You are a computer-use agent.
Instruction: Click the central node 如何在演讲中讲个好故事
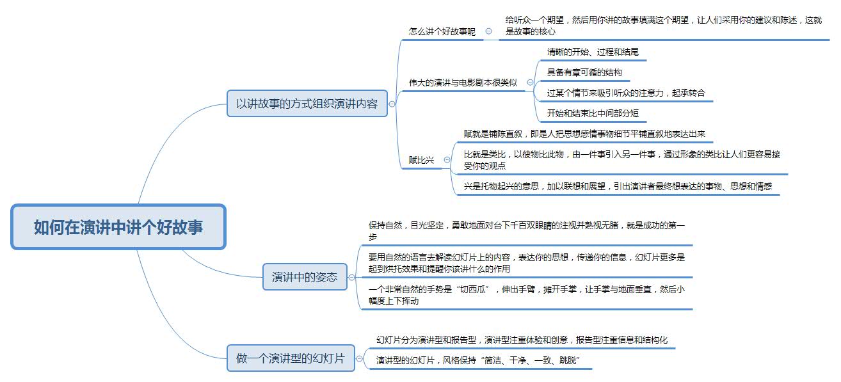coord(118,227)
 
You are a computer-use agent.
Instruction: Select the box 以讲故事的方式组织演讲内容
coord(307,103)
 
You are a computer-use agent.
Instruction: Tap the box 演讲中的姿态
coord(305,277)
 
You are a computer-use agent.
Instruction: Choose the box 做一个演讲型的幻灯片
coord(290,358)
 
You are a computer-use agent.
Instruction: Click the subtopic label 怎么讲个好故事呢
coord(442,31)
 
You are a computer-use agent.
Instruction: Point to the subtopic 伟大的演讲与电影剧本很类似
coord(463,83)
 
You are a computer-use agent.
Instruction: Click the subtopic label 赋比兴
coord(421,160)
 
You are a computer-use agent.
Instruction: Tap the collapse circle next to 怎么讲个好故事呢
coord(489,31)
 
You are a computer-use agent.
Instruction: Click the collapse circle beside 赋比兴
coord(447,160)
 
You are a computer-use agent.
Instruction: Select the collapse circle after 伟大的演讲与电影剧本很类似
coord(530,83)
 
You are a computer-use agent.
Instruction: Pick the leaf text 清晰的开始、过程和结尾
coord(593,52)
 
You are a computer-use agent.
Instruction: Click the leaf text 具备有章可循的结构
coord(584,72)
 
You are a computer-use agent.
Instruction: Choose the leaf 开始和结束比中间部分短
coord(593,114)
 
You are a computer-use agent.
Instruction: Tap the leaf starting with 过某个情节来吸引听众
coord(626,93)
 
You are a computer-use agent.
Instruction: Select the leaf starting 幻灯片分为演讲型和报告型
coord(522,340)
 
